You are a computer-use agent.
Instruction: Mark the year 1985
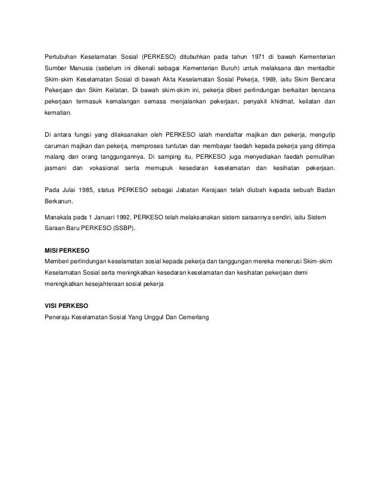point(91,191)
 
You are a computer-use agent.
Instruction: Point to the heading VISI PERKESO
point(66,305)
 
